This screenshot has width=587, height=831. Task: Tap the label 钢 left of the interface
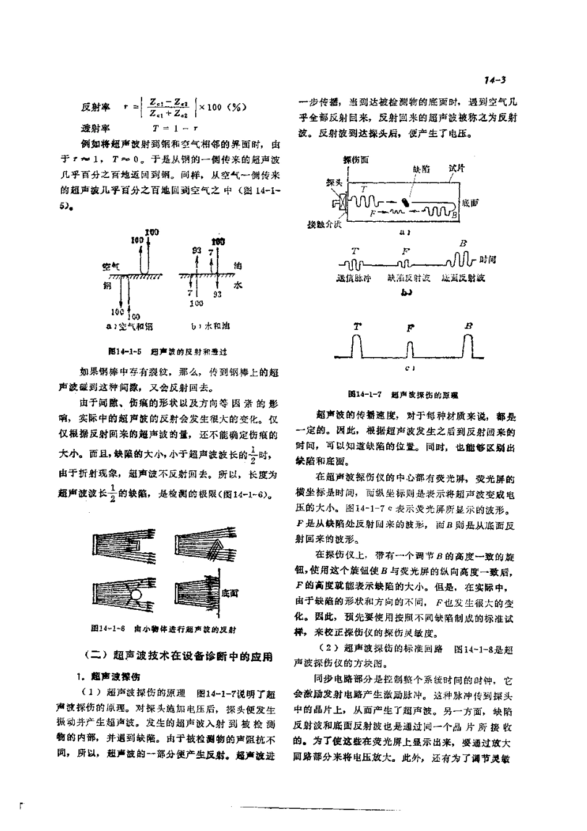tap(107, 285)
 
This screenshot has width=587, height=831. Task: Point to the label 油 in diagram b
tap(238, 266)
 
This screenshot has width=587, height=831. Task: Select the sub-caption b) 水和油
tap(210, 326)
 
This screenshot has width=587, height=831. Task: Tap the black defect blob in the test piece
tap(405, 201)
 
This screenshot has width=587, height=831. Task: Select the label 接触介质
tap(324, 224)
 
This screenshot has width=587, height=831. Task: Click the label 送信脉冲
tap(355, 279)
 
